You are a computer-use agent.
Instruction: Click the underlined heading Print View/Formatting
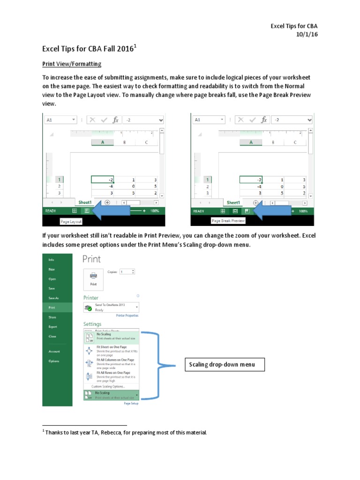[72, 64]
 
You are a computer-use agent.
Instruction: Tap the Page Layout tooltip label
[71, 221]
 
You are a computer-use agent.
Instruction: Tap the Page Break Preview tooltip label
[228, 221]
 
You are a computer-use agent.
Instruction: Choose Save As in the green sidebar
[53, 298]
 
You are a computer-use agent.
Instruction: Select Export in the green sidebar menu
[52, 327]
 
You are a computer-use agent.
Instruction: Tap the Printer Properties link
[127, 315]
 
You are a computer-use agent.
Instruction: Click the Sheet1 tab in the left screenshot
[85, 202]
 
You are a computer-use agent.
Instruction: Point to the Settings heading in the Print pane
[92, 324]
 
